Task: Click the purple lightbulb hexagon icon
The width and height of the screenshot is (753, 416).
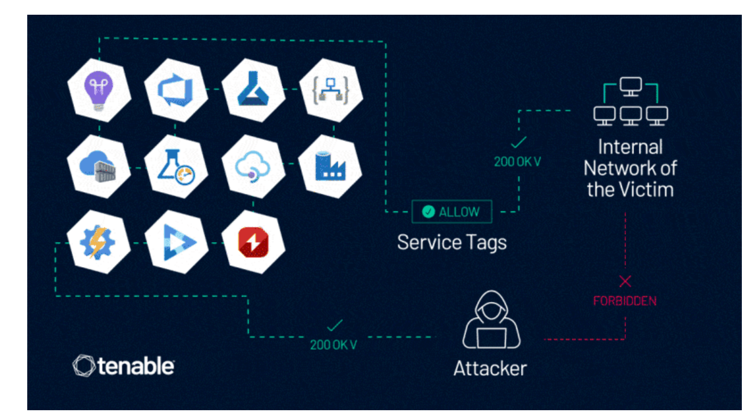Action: pyautogui.click(x=99, y=90)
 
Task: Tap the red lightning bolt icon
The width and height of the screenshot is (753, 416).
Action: pyautogui.click(x=253, y=242)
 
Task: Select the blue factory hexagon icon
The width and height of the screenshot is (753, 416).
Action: pyautogui.click(x=330, y=166)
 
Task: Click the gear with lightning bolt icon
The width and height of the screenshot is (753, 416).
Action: pyautogui.click(x=98, y=242)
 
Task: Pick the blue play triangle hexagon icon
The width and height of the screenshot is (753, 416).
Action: pyautogui.click(x=177, y=242)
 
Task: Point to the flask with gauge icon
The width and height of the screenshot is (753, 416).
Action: pyautogui.click(x=176, y=166)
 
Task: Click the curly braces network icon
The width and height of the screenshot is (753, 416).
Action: pyautogui.click(x=330, y=90)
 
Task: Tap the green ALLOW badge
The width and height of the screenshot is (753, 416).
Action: pyautogui.click(x=452, y=212)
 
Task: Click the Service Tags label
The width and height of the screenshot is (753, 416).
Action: pyautogui.click(x=452, y=242)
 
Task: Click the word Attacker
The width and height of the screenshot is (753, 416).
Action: pyautogui.click(x=490, y=369)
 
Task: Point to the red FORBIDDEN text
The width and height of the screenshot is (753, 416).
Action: pyautogui.click(x=624, y=301)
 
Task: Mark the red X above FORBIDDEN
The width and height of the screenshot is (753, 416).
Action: pyautogui.click(x=625, y=281)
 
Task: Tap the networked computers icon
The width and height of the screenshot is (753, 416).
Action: pyautogui.click(x=631, y=102)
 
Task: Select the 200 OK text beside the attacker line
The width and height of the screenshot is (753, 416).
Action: pyautogui.click(x=333, y=345)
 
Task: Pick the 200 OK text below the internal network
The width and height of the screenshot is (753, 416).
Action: pyautogui.click(x=517, y=162)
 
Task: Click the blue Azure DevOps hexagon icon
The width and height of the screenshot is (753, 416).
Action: pyautogui.click(x=176, y=90)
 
